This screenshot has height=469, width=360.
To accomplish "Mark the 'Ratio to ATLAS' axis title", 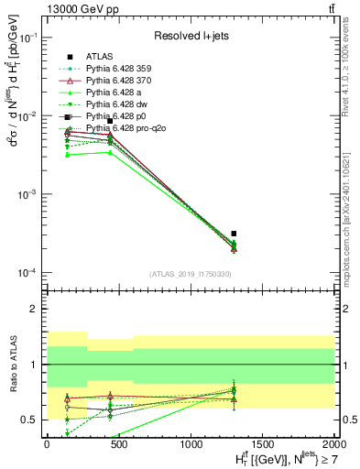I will point(12,365).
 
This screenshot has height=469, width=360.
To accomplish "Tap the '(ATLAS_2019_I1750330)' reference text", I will point(191,274).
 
